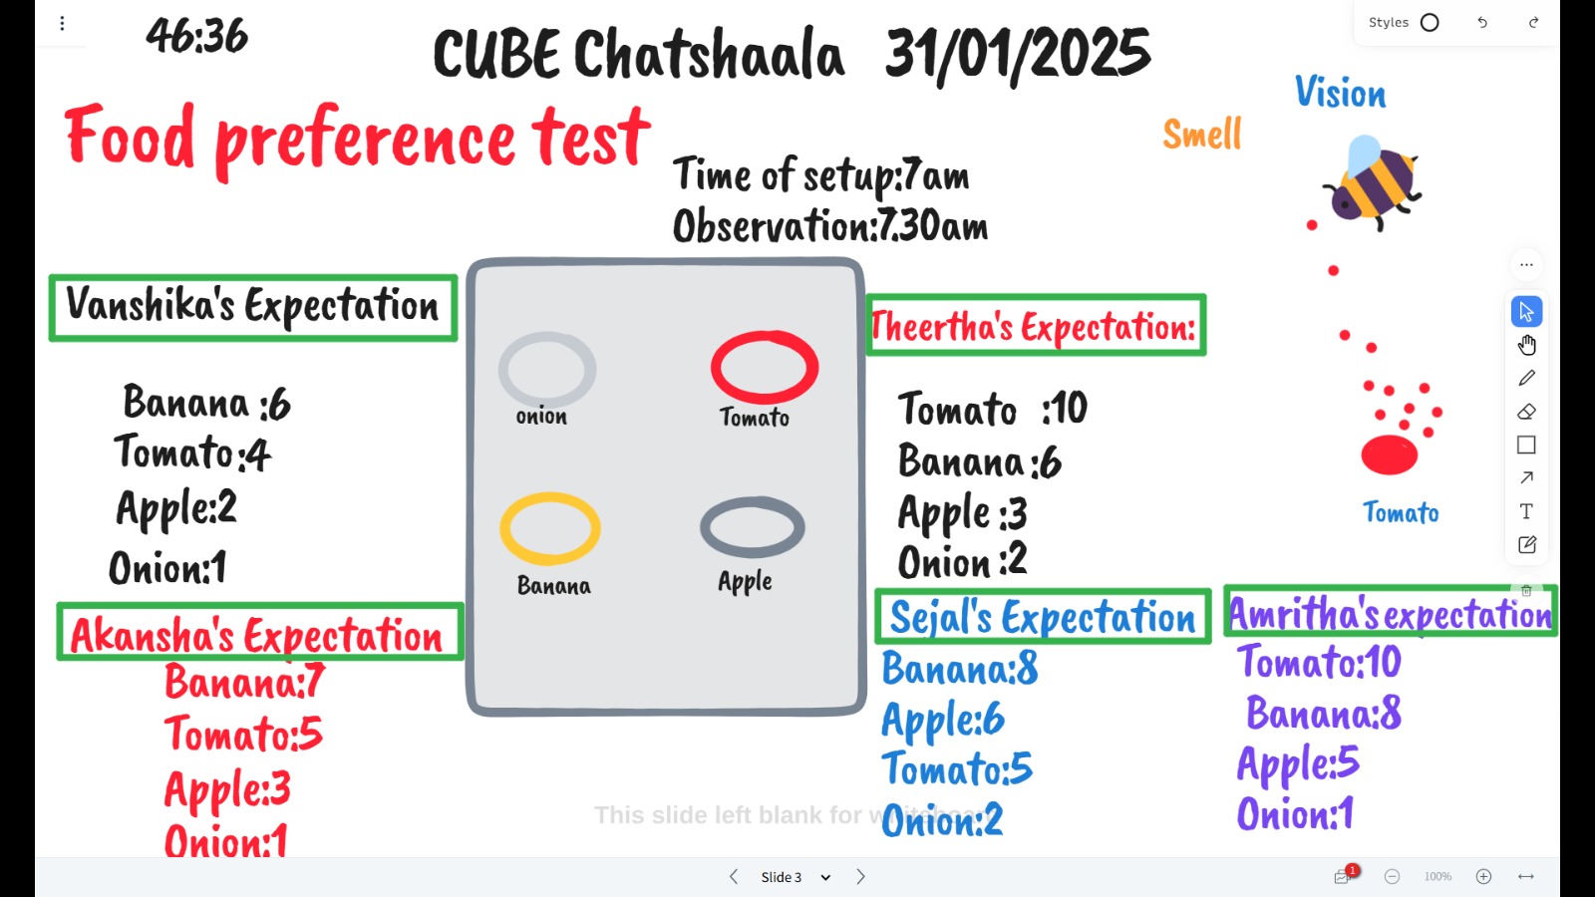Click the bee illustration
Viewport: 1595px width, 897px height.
(x=1372, y=183)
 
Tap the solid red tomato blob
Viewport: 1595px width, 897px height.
(x=1390, y=454)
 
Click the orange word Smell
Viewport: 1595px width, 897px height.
(x=1202, y=134)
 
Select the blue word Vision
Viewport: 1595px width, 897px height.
(x=1340, y=93)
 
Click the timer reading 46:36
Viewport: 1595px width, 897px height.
(x=196, y=36)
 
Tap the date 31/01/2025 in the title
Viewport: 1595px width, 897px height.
(x=1018, y=54)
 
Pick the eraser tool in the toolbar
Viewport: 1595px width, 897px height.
(x=1526, y=412)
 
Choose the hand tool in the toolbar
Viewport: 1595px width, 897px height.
(x=1526, y=345)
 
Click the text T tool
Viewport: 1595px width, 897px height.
(x=1526, y=511)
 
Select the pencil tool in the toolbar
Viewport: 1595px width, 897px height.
(x=1526, y=378)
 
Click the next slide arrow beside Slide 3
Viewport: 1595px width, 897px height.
(x=860, y=876)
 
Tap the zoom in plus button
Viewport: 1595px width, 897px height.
(x=1484, y=876)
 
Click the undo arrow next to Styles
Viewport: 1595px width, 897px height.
(x=1482, y=23)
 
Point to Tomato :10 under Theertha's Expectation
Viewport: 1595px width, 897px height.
(x=993, y=409)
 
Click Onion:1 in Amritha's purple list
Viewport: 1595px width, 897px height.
(x=1295, y=813)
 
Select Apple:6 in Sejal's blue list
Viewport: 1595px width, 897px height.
(x=943, y=719)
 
